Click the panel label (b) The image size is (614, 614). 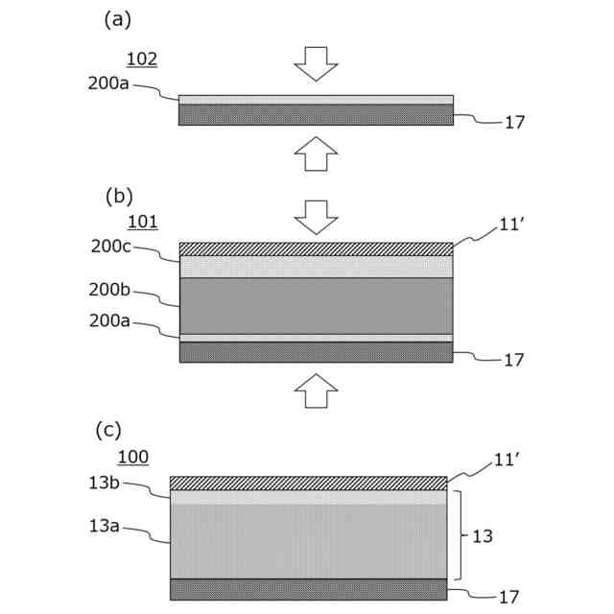click(118, 196)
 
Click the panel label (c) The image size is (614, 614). click(108, 430)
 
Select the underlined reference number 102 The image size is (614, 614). click(142, 59)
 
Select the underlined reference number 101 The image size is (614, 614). click(142, 223)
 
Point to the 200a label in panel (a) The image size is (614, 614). click(109, 83)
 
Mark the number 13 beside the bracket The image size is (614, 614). click(483, 536)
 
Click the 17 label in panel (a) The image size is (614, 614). click(514, 123)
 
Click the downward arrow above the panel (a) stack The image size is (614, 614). click(316, 63)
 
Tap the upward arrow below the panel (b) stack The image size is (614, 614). click(316, 390)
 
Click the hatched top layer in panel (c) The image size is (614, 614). click(308, 483)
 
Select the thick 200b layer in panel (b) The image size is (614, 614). click(316, 305)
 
